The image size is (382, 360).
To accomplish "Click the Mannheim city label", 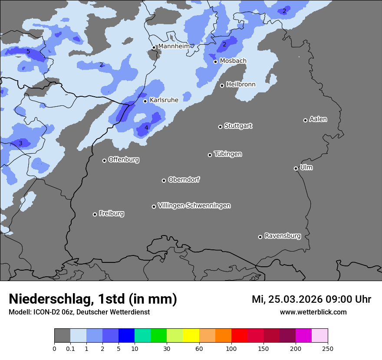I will tap(174, 46).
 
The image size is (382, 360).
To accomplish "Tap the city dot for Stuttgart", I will tap(220, 127).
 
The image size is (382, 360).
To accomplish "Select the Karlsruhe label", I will tap(164, 100).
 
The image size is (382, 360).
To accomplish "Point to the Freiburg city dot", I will tap(95, 214).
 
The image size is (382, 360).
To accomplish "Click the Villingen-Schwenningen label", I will tap(194, 206).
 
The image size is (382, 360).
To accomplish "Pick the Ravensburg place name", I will tap(282, 236).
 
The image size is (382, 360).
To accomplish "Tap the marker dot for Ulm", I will tap(296, 168).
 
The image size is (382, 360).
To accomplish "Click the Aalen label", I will tap(318, 119).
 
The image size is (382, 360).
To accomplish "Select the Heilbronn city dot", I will tap(222, 85).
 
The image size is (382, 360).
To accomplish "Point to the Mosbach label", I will tap(233, 61).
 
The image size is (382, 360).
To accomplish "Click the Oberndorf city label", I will tap(184, 180).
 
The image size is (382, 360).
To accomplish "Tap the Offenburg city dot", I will tap(104, 160).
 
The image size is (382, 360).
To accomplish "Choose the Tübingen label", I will tap(227, 154).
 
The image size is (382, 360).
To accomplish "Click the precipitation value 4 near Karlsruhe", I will tap(146, 128).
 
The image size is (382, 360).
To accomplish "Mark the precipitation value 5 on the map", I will tap(28, 51).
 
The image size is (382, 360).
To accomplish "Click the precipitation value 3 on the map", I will tap(20, 143).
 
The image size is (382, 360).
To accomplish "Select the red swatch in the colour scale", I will tap(239, 336).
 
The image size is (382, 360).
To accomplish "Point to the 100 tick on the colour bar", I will tap(231, 348).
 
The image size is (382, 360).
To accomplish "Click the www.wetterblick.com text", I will tap(313, 312).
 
